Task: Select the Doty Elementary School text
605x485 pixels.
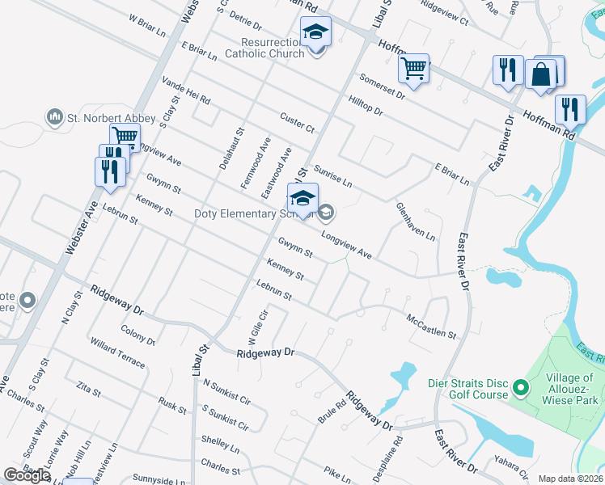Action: click(254, 213)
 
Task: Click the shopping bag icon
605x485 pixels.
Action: click(540, 74)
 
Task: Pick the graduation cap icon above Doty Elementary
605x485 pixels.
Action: click(302, 198)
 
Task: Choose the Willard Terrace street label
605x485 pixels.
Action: click(117, 353)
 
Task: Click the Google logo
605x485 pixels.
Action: click(27, 475)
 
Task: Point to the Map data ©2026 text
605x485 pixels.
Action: click(571, 479)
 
